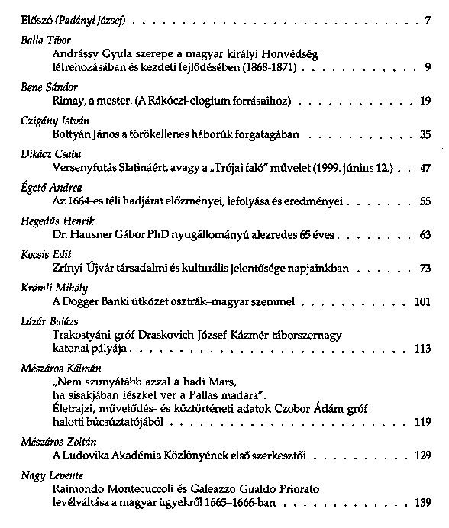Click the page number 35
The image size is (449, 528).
click(x=425, y=134)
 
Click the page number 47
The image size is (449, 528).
click(x=425, y=167)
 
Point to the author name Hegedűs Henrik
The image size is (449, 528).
click(x=50, y=221)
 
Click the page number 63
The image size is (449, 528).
click(x=425, y=234)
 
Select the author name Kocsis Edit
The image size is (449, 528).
click(x=41, y=255)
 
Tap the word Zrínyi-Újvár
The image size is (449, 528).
click(x=84, y=268)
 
